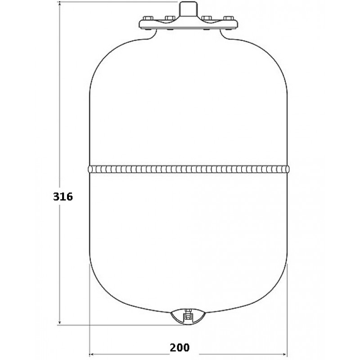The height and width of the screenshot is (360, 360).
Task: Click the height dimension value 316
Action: click(63, 197)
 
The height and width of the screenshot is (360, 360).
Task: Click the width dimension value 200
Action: click(180, 347)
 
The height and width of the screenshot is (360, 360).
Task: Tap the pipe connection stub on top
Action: click(188, 9)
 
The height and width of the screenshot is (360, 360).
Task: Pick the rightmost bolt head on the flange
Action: click(229, 18)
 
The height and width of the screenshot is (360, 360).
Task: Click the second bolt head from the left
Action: click(170, 18)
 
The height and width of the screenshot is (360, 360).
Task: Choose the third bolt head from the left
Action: click(206, 18)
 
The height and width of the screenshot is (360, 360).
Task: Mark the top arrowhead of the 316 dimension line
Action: click(60, 3)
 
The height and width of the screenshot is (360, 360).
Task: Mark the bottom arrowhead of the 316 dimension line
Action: click(60, 323)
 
